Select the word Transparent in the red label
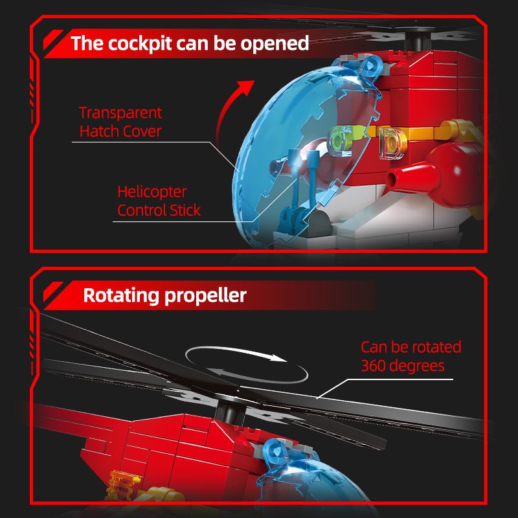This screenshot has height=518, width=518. tap(120, 113)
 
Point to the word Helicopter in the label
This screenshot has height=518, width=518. tap(152, 192)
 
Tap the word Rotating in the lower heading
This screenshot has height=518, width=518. tap(120, 295)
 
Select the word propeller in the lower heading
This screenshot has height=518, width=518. tap(205, 296)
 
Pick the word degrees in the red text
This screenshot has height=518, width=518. tap(417, 366)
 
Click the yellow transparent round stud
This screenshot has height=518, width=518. tap(392, 143)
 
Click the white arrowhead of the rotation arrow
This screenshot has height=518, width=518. tap(278, 357)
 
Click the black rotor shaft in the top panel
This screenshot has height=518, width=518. tap(418, 42)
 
